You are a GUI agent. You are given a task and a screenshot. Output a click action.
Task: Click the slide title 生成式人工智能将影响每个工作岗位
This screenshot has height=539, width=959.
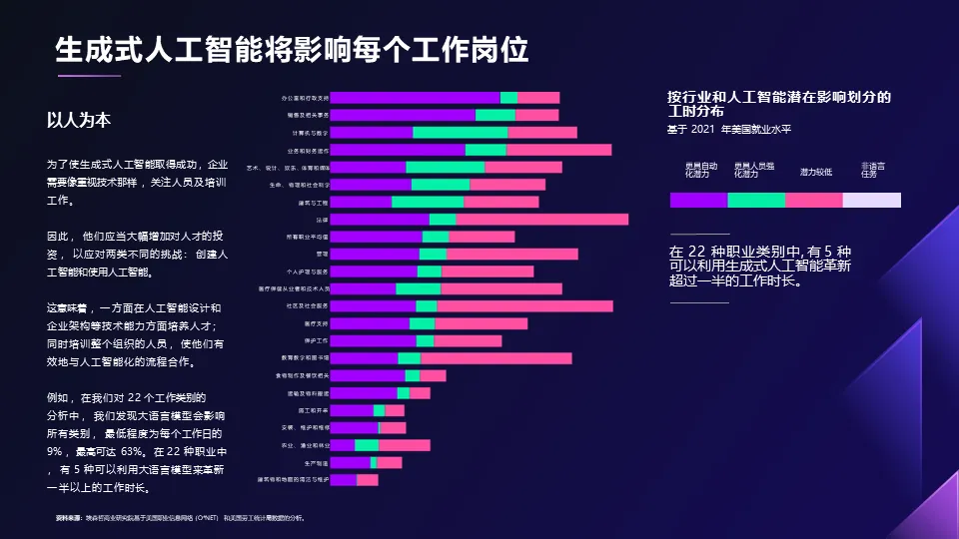(x=291, y=49)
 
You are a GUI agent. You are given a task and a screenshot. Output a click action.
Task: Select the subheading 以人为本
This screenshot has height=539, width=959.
(x=79, y=120)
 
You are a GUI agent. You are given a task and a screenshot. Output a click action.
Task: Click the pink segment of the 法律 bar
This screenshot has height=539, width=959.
(x=541, y=220)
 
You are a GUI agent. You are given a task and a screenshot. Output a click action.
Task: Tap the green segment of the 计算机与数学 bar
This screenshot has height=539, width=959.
(x=460, y=133)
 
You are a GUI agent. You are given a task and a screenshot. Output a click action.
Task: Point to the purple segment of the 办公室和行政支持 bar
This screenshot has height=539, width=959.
(x=415, y=98)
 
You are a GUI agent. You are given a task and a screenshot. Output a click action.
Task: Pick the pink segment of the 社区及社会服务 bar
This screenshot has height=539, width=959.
(x=524, y=306)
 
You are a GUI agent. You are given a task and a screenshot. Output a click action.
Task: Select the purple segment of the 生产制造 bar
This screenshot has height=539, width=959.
(x=350, y=463)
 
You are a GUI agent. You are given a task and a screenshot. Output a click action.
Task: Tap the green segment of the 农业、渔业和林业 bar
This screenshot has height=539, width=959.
(x=367, y=445)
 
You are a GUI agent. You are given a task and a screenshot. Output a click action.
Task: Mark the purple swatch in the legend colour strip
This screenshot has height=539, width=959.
(x=698, y=200)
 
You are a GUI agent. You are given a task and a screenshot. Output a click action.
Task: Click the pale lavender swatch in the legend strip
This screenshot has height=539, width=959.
(x=871, y=200)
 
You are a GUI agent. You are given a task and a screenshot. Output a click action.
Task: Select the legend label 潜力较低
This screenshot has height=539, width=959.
(x=815, y=173)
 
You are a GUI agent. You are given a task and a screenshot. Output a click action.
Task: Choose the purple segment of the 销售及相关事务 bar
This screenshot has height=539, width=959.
(x=403, y=115)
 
